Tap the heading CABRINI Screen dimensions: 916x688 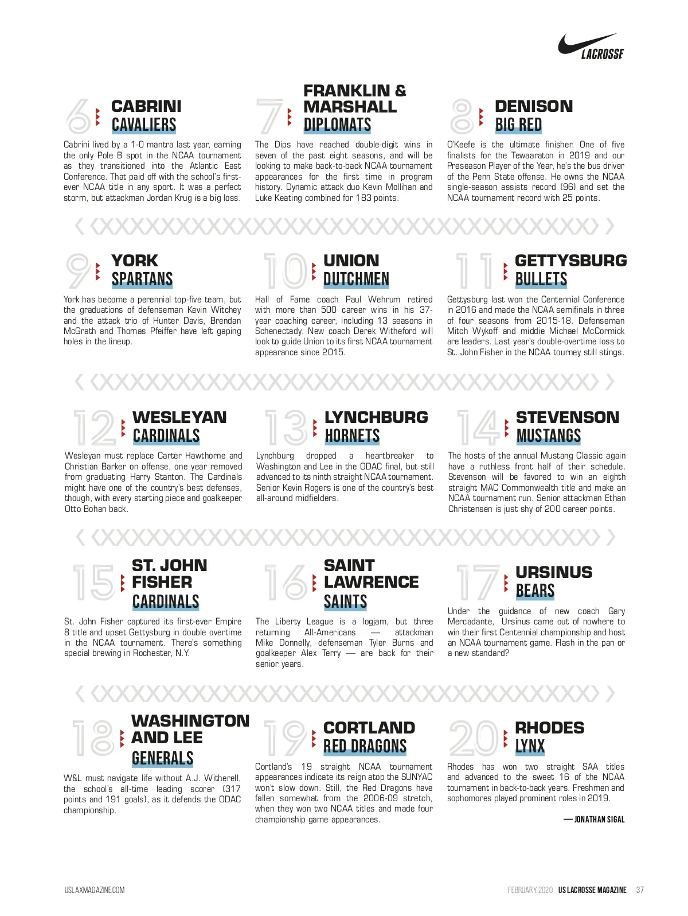[146, 106]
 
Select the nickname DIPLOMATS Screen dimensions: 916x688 [337, 125]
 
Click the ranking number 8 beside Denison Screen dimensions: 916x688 [462, 116]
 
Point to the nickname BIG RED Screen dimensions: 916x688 [518, 125]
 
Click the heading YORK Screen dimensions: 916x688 [135, 261]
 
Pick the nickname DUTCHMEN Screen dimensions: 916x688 [356, 280]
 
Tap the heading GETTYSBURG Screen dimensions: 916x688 [570, 261]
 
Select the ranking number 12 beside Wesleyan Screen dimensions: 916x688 [95, 428]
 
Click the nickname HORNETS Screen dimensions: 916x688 [352, 436]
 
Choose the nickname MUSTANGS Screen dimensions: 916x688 [548, 436]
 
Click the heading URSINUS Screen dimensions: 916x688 [553, 572]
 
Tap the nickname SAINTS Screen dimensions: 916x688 [345, 601]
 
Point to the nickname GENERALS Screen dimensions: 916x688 [162, 758]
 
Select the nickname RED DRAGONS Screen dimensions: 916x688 [365, 746]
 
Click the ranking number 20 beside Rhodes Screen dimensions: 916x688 [474, 738]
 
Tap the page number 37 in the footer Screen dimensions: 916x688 [640, 890]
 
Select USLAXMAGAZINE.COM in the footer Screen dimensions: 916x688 [94, 890]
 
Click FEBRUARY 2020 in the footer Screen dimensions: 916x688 [530, 890]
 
